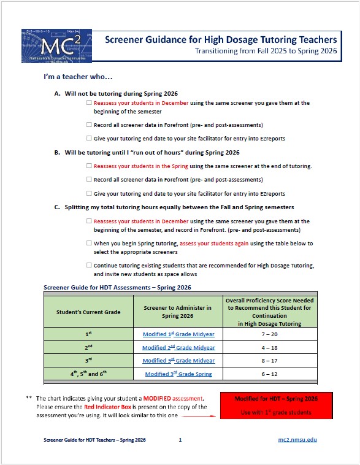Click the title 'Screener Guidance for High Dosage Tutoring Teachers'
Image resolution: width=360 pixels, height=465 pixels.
[221, 40]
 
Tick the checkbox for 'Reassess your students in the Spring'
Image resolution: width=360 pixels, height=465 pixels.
[90, 166]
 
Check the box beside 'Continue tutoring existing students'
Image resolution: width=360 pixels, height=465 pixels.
[90, 265]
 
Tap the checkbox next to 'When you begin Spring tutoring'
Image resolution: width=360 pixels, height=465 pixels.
[90, 244]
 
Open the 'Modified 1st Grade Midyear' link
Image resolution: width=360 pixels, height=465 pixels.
[178, 334]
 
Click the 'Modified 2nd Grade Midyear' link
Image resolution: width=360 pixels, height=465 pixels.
[178, 347]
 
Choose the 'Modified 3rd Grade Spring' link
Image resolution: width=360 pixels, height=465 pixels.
[178, 374]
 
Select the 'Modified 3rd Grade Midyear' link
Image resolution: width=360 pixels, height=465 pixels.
[178, 361]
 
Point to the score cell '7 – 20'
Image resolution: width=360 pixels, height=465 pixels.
[270, 334]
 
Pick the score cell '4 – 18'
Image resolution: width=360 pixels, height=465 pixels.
[270, 347]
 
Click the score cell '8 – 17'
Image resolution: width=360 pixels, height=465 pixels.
[270, 361]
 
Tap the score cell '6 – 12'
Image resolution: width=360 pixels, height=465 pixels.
[270, 374]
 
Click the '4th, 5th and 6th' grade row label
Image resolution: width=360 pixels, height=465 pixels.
[88, 374]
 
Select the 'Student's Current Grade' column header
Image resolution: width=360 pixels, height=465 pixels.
[88, 312]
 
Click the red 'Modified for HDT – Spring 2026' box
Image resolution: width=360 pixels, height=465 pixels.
[275, 405]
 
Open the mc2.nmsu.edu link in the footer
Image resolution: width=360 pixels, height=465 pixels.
[297, 440]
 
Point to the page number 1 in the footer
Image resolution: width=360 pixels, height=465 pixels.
[180, 440]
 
